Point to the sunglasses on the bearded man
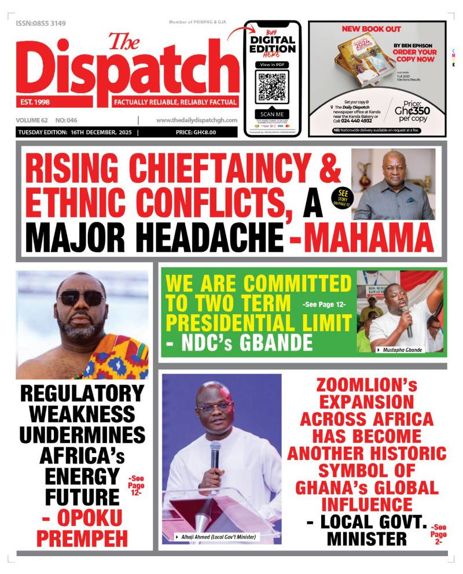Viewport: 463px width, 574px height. [x=81, y=298]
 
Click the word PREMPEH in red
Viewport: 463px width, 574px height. [x=82, y=538]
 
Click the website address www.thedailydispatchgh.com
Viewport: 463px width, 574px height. [x=197, y=120]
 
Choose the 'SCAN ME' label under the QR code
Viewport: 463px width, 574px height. [x=272, y=115]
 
